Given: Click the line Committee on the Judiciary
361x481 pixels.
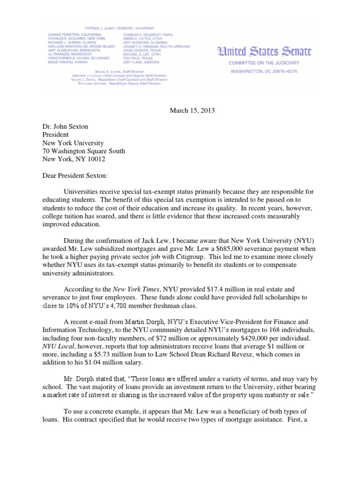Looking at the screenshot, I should [x=263, y=63].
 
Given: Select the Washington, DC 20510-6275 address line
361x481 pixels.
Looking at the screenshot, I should [x=263, y=71].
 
